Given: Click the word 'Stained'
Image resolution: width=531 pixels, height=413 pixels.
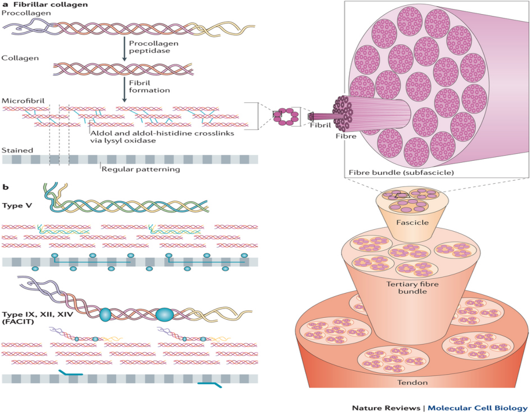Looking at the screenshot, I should [x=18, y=151].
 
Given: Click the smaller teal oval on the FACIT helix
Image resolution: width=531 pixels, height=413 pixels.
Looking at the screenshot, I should [x=105, y=315].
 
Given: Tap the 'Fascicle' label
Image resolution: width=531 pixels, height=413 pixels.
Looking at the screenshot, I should [x=412, y=223].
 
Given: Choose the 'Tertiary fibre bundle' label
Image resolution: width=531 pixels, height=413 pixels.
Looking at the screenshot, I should [x=406, y=288].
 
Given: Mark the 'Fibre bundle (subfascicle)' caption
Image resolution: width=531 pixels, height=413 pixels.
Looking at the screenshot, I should [x=388, y=172].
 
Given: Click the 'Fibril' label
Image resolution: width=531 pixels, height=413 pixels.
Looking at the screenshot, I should [x=319, y=125].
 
